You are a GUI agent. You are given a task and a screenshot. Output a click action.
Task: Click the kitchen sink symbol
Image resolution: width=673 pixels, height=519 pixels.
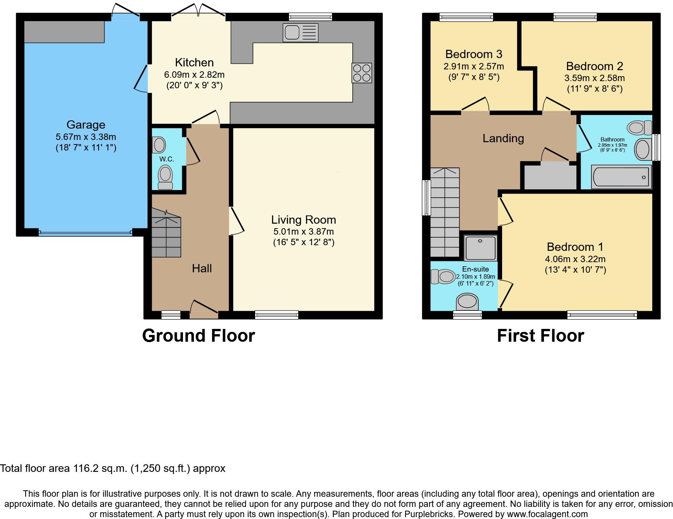coord(300,32)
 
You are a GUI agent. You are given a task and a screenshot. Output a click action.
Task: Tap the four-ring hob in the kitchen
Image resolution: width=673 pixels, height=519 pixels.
coord(361,73)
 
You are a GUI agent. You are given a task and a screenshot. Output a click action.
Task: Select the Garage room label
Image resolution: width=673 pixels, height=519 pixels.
coord(86,125)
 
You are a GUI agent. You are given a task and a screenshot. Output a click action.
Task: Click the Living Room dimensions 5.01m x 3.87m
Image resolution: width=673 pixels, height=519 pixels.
coord(303,232)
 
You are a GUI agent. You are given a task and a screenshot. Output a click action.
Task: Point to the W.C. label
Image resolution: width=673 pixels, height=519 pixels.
coord(166,159)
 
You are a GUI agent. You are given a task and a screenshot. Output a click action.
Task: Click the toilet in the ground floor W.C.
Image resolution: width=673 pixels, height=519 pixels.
coord(165,177)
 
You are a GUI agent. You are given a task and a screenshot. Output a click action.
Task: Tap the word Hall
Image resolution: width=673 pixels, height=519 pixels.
coord(202,269)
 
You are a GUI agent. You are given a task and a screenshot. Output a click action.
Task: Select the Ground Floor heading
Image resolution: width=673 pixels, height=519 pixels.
coord(198,335)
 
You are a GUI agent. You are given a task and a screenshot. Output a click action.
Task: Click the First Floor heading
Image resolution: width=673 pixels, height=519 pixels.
coord(540,335)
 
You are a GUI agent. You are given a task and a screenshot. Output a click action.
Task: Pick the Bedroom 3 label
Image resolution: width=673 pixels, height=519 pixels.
coord(473,54)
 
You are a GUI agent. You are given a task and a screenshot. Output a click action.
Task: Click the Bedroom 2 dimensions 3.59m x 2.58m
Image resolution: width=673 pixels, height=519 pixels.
coord(594,78)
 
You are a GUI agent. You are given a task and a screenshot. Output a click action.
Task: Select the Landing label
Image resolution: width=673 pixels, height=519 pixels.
coord(503,138)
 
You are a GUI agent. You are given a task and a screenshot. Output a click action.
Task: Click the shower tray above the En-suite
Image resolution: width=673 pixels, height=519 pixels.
coord(480,247)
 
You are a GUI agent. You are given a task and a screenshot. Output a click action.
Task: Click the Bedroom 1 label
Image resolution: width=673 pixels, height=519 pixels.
coord(575,247)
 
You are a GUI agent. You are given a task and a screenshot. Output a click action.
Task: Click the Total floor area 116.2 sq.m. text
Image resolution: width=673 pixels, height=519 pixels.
coord(113,468)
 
